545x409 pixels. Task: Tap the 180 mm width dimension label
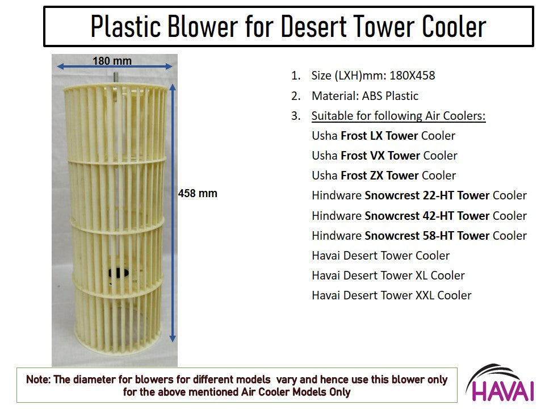(x=112, y=61)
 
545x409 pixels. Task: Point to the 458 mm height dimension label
(x=198, y=193)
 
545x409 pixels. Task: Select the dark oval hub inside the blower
(x=119, y=273)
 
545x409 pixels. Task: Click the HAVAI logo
(x=501, y=383)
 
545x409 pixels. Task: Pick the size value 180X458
(x=412, y=76)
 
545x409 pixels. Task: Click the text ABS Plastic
(x=390, y=96)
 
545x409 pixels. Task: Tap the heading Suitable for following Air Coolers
(x=399, y=116)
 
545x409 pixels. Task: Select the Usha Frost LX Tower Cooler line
(x=383, y=136)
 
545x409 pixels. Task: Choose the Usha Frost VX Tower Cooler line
(x=384, y=156)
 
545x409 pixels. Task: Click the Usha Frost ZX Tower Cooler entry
(x=384, y=176)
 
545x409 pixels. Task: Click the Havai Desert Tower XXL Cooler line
(x=392, y=295)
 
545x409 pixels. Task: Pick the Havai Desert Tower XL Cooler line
(x=388, y=276)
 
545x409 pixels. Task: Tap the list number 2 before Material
(x=295, y=96)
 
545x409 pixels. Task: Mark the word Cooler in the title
(x=454, y=27)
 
